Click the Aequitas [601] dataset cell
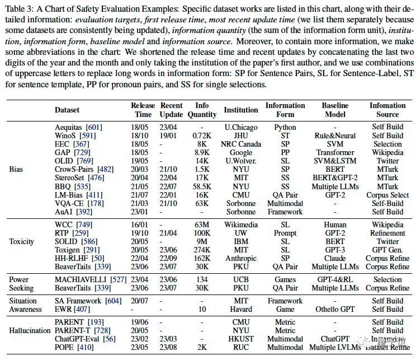[x=78, y=127]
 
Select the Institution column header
[x=240, y=110]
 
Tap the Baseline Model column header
[x=336, y=110]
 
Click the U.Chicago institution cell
[x=240, y=127]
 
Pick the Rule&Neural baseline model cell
[x=336, y=135]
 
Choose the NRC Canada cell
[x=240, y=144]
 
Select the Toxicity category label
[x=22, y=241]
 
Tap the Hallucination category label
[x=30, y=330]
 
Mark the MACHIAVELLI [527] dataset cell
[x=86, y=279]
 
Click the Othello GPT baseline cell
[x=336, y=309]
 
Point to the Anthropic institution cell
[x=240, y=258]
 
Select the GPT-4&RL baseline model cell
[x=336, y=279]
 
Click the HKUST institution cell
[x=240, y=339]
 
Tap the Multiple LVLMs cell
[x=336, y=347]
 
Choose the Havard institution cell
[x=240, y=309]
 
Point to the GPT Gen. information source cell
[x=388, y=250]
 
